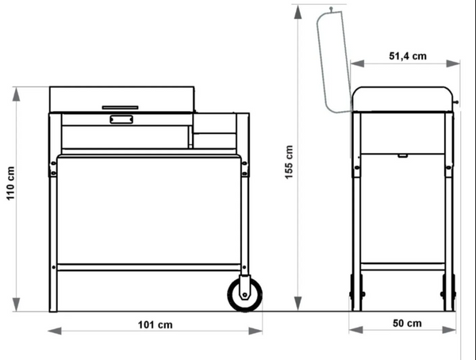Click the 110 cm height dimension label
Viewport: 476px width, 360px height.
click(x=10, y=183)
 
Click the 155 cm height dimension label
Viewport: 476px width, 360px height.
click(x=289, y=162)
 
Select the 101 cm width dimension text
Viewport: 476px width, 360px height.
click(x=155, y=325)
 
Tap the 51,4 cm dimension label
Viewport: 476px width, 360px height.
click(x=408, y=56)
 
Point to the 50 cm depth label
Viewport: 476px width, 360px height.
click(x=407, y=324)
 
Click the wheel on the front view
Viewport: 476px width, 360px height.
click(x=245, y=294)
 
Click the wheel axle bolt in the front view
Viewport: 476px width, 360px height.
click(x=244, y=294)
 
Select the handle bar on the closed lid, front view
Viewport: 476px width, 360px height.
click(x=121, y=108)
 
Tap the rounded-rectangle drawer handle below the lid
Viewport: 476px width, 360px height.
click(x=121, y=119)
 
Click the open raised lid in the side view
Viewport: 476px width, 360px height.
click(x=334, y=62)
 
